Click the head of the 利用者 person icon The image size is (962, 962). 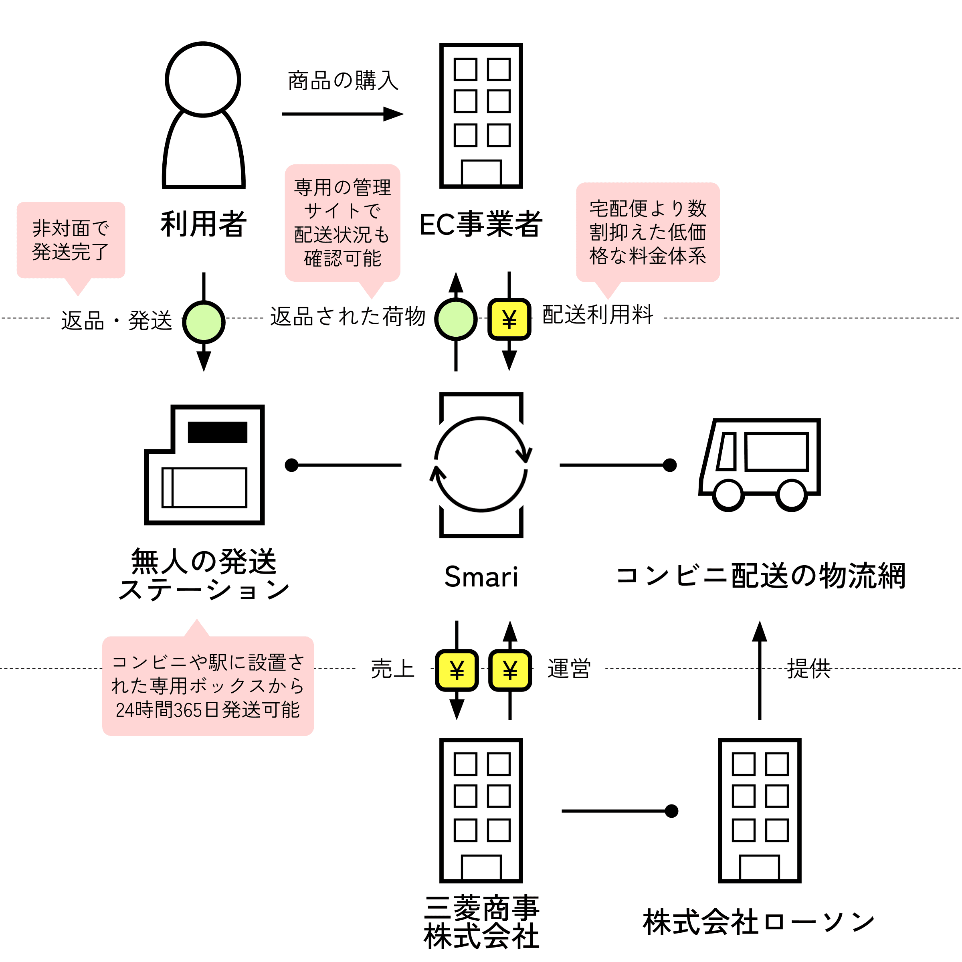pos(203,80)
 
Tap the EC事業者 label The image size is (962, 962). pos(481,224)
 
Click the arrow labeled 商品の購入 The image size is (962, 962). pos(343,114)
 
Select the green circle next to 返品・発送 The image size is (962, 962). pos(204,322)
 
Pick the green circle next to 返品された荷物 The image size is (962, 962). pos(456,319)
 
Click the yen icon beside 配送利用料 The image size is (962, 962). pos(509,319)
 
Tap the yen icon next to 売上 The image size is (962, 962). pos(457,670)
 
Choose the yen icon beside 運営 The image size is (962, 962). pos(510,670)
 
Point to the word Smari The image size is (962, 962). pos(481,577)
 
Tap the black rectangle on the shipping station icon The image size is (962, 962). pos(218,432)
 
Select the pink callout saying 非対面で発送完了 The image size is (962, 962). pos(71,240)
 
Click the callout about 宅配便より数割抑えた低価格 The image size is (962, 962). pos(648,232)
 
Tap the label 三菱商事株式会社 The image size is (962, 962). pos(481,922)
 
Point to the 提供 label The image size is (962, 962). pos(808,669)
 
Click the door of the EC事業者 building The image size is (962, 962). pos(481,172)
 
